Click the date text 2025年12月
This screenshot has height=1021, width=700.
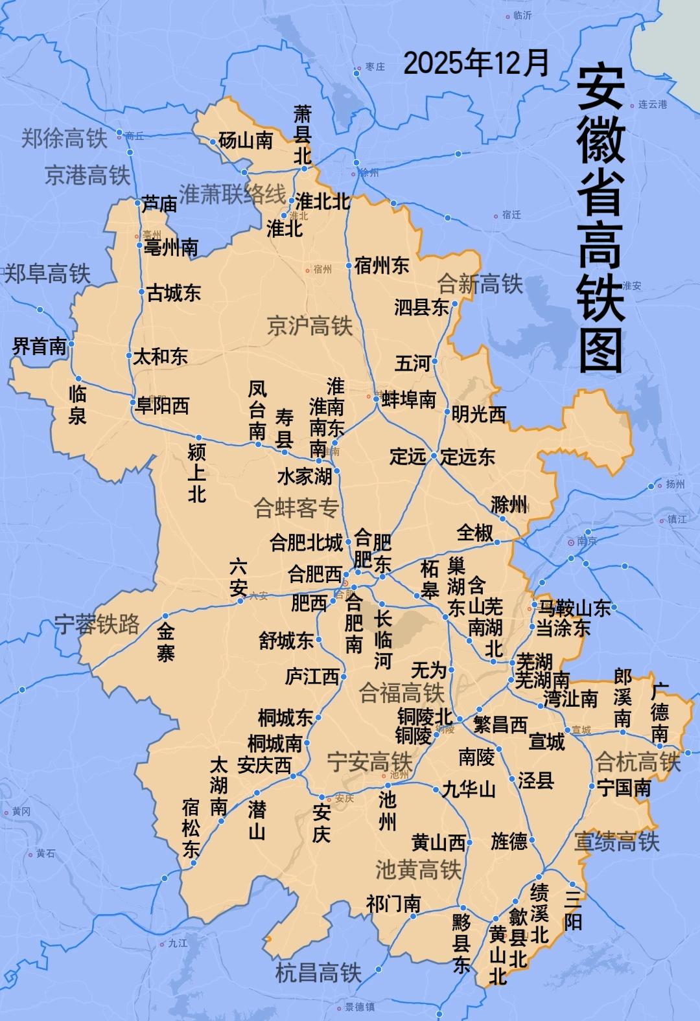[476, 63]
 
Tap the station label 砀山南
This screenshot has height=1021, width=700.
[246, 140]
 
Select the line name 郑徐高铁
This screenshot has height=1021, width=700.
[64, 137]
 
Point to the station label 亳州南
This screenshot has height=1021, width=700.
[171, 247]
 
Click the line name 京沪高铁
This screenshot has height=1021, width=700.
[310, 326]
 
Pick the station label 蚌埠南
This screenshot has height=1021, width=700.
[409, 399]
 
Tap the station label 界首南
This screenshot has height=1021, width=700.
[40, 346]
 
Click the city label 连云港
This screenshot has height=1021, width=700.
[653, 104]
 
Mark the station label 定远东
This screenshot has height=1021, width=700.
[468, 457]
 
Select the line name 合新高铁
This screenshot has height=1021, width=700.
[480, 283]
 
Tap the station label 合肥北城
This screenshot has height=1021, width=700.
[306, 542]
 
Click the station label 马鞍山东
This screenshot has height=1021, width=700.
[574, 608]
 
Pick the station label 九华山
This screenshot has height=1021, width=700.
[469, 789]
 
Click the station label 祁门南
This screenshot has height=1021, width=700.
[393, 904]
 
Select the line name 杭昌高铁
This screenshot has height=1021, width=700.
[318, 972]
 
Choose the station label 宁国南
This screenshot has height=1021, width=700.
[624, 788]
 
